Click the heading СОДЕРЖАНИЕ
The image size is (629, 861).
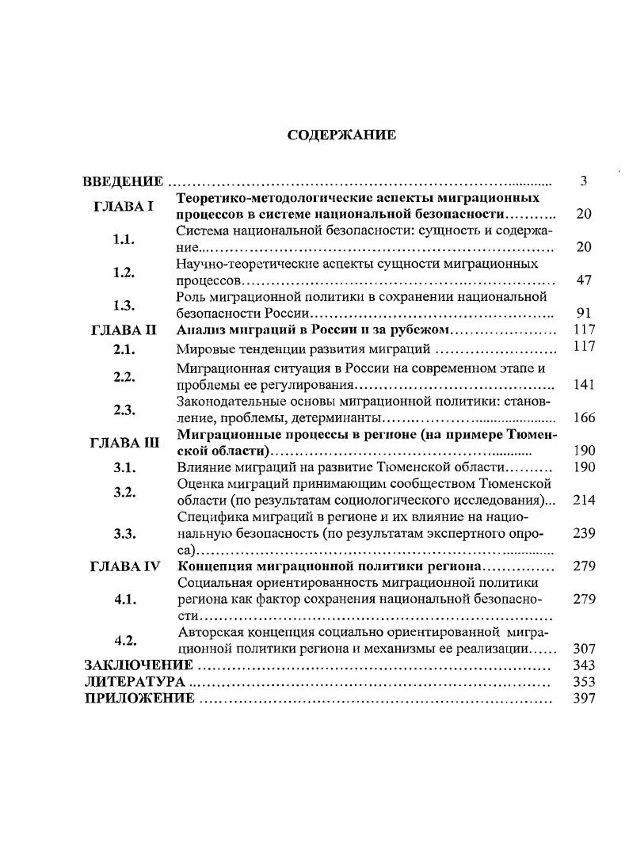tap(341, 135)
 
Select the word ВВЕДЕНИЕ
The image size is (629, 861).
tap(124, 182)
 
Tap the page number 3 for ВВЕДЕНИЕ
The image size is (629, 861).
tap(583, 181)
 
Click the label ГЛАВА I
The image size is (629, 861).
tap(124, 206)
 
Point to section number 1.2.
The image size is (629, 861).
tap(124, 272)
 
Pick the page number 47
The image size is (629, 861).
tap(583, 280)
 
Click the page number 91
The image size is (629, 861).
tap(583, 314)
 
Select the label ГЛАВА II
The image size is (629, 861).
tap(126, 330)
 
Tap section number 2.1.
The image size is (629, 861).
tap(124, 348)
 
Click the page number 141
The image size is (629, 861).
tap(583, 385)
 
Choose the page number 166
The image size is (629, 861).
tap(583, 417)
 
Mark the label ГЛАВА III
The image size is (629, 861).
tap(126, 442)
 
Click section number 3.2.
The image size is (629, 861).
tap(124, 492)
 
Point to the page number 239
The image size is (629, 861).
tap(583, 533)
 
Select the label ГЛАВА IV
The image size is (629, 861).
tap(126, 566)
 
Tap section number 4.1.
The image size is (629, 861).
tap(125, 600)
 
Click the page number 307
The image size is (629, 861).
tap(583, 648)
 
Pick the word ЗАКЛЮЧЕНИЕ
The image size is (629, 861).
tap(139, 665)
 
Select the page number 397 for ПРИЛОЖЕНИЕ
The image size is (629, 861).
tap(583, 699)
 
